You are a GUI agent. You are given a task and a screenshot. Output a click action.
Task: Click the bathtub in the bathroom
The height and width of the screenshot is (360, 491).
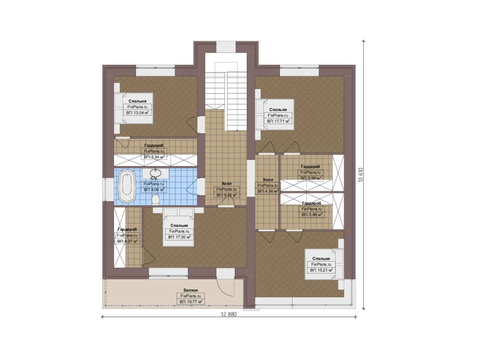tap(127, 186)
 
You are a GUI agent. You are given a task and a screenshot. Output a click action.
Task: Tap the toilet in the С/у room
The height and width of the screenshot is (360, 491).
tap(156, 199)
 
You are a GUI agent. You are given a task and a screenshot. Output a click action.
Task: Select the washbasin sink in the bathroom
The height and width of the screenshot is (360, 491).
tap(156, 173)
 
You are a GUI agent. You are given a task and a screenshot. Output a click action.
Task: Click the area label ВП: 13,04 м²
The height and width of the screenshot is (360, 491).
tap(138, 113)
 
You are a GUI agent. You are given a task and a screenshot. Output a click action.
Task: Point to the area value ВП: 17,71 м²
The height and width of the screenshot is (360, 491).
tap(278, 121)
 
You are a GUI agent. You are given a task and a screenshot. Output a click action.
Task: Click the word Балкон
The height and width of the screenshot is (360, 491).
tap(191, 290)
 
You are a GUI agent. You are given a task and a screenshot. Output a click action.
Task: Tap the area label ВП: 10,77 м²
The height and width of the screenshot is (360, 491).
tap(191, 302)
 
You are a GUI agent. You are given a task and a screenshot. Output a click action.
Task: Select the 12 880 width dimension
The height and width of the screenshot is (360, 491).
tap(229, 314)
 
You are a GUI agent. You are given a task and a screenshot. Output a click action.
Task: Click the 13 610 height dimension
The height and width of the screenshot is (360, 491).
tap(360, 175)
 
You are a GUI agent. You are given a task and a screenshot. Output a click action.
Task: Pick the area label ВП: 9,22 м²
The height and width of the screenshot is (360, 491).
tap(227, 195)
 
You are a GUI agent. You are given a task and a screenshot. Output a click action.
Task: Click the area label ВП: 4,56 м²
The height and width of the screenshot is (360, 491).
tap(268, 191)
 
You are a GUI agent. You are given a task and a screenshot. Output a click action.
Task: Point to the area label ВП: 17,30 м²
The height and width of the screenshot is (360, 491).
tap(179, 237)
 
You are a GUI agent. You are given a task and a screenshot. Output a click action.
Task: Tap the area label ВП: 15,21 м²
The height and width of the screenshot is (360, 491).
tap(321, 270)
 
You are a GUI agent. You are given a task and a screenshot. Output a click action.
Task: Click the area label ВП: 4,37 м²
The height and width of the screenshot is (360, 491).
tap(127, 241)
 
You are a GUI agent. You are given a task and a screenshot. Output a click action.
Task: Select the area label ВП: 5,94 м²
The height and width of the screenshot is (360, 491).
tap(154, 157)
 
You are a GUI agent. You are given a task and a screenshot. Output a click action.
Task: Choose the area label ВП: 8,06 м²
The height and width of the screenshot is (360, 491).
tap(154, 190)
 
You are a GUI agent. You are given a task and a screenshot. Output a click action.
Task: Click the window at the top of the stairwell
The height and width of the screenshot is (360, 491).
tap(226, 47)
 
